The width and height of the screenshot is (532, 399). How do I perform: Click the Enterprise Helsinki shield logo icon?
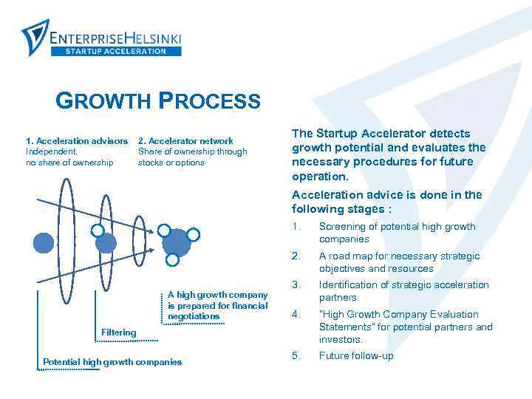tap(35, 36)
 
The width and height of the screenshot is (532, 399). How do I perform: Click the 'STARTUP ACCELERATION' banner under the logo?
tap(116, 51)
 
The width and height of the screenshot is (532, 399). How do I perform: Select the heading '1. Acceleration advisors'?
tap(77, 140)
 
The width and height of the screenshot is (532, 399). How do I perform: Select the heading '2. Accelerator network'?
tap(185, 140)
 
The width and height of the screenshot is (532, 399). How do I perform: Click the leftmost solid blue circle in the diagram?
tap(44, 242)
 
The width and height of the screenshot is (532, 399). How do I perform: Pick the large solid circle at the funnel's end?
tap(177, 242)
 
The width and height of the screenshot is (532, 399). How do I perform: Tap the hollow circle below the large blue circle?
tap(172, 260)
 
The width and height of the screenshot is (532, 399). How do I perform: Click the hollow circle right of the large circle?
tap(194, 235)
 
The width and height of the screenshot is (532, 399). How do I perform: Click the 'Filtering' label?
tap(118, 332)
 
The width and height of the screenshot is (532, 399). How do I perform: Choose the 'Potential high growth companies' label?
tap(112, 362)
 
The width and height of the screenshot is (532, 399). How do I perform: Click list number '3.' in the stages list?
tap(296, 285)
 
